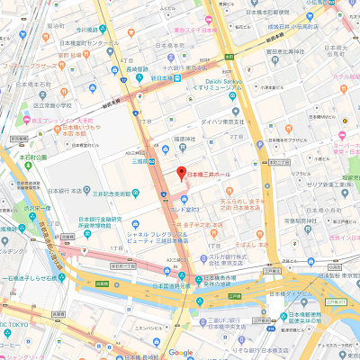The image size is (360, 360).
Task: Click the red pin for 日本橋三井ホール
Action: tap(180, 172)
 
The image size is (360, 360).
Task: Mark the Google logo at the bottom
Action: tap(180, 353)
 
